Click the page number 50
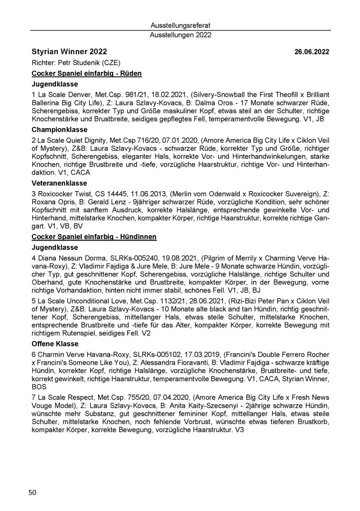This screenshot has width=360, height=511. (x=32, y=493)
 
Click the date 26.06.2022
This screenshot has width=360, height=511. (x=312, y=52)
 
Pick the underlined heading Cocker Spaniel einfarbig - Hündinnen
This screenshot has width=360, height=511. (x=94, y=236)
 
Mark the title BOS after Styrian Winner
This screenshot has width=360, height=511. (x=38, y=387)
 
